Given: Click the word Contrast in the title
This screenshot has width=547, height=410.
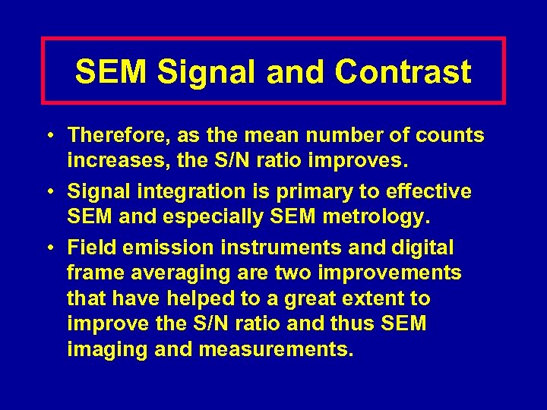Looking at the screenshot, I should pyautogui.click(x=403, y=72).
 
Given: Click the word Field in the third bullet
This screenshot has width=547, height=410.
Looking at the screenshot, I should pyautogui.click(x=88, y=248).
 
